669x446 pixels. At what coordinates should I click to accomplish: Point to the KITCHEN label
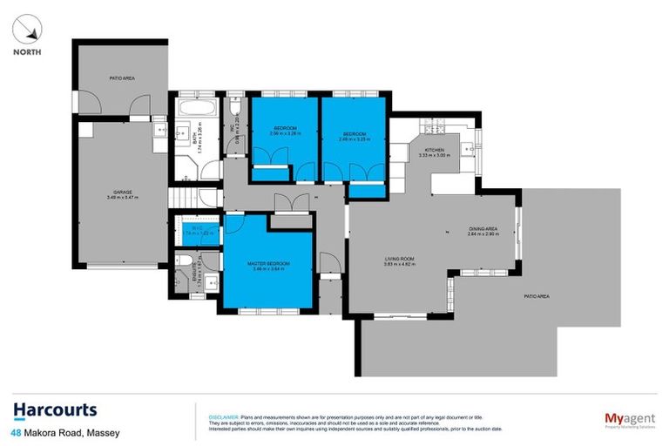[436, 152]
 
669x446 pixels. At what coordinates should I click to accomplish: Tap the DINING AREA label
[483, 230]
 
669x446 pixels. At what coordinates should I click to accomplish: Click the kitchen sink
[470, 150]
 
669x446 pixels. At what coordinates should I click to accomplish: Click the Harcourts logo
[55, 410]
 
